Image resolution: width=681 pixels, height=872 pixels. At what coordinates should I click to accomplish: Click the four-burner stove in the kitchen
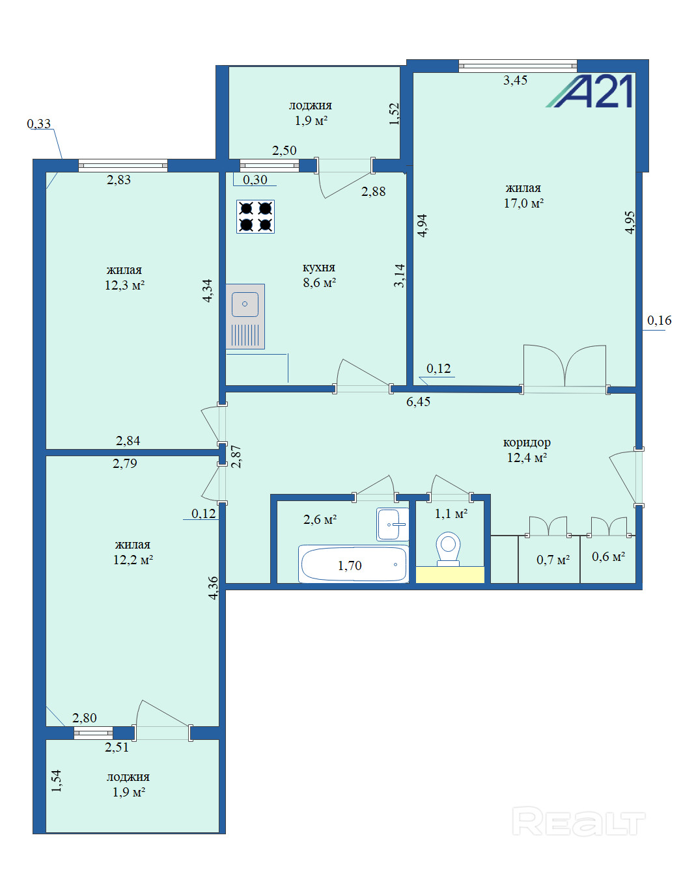pos(255,217)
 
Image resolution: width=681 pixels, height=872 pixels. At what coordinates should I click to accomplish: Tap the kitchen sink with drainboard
pos(245,317)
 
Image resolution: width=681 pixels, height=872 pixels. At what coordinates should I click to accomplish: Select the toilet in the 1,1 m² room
pos(448,549)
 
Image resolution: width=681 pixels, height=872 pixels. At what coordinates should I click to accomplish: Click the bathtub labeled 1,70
pos(354,564)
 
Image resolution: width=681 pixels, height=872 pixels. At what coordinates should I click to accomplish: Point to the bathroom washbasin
pos(393,524)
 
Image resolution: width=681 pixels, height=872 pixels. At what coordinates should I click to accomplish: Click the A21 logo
pos(589,92)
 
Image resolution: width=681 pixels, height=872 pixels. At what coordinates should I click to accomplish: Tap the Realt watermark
pos(578,821)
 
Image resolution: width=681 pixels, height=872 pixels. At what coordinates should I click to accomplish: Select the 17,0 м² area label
pos(523,204)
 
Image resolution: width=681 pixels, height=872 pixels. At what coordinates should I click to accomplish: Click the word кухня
pos(318,267)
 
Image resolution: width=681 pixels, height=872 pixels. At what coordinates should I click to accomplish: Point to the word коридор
pos(527,443)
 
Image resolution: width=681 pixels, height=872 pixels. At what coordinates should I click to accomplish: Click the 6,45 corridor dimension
pos(418,402)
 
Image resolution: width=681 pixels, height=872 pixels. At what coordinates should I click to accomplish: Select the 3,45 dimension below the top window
pos(515,80)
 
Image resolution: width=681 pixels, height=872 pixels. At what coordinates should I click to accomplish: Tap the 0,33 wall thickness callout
pos(39,124)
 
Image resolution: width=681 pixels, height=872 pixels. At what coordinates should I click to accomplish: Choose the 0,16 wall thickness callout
pos(660,320)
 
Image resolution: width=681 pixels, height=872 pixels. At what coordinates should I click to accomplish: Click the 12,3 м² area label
pos(124,285)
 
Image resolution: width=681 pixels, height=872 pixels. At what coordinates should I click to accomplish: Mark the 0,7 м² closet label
pos(553,560)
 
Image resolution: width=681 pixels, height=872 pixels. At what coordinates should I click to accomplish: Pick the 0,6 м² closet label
pos(608,556)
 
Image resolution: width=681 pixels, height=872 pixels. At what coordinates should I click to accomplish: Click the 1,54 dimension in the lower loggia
pos(57,781)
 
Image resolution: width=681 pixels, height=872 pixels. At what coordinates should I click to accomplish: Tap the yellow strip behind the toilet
pos(450,574)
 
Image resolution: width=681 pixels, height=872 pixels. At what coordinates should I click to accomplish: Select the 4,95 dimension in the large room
pos(630,223)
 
